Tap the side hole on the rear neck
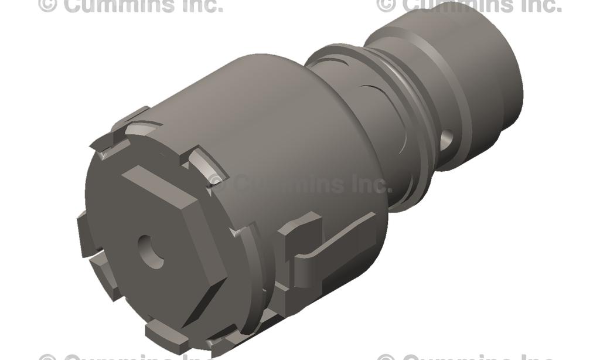pyautogui.click(x=446, y=139)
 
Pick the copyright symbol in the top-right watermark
pyautogui.click(x=386, y=5)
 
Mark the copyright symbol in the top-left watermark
pyautogui.click(x=49, y=5)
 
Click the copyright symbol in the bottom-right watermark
pyautogui.click(x=386, y=356)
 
